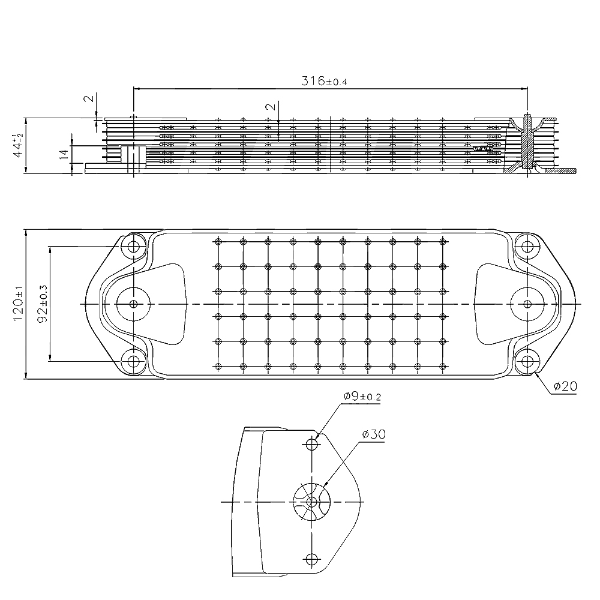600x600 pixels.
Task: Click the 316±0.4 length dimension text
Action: (324, 81)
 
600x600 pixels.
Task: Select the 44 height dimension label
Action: (18, 145)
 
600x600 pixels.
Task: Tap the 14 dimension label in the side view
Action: (64, 154)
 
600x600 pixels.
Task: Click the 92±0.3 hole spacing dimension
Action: (43, 304)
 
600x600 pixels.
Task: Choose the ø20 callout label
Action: (565, 386)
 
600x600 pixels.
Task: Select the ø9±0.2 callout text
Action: (362, 396)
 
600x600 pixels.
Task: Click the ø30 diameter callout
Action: (374, 434)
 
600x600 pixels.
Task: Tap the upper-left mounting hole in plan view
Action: (133, 247)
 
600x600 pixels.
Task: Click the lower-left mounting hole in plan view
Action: (133, 361)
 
